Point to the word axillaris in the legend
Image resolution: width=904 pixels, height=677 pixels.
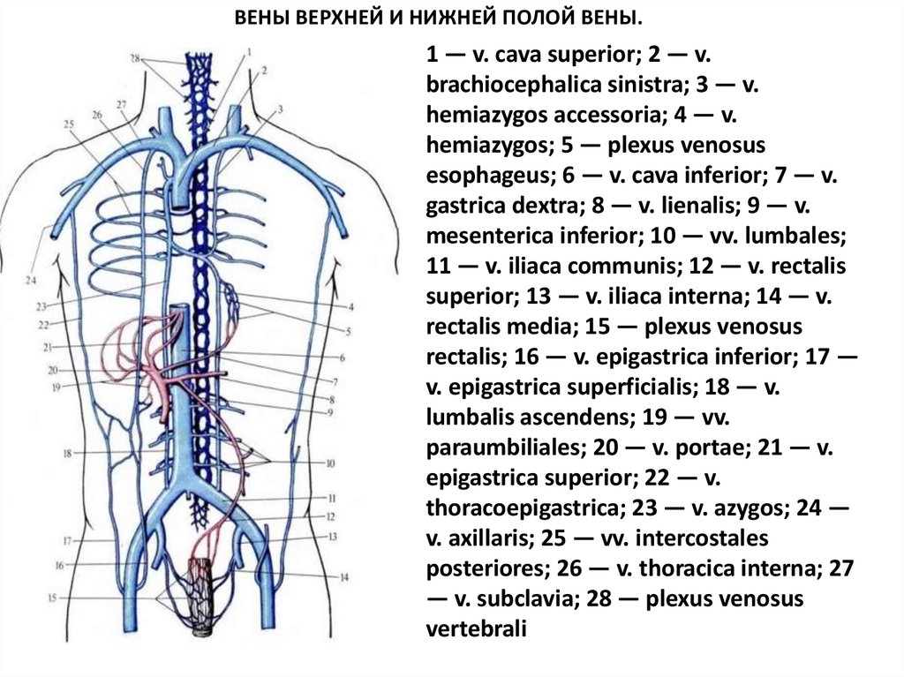click(x=478, y=538)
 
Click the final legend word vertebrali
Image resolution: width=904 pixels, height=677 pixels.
click(x=476, y=628)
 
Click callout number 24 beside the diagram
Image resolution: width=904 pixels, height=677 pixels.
click(x=31, y=281)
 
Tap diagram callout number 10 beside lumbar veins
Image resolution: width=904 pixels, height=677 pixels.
click(x=331, y=463)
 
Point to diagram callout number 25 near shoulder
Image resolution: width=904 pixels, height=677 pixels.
click(x=67, y=124)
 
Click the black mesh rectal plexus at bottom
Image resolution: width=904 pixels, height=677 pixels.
click(x=209, y=590)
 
